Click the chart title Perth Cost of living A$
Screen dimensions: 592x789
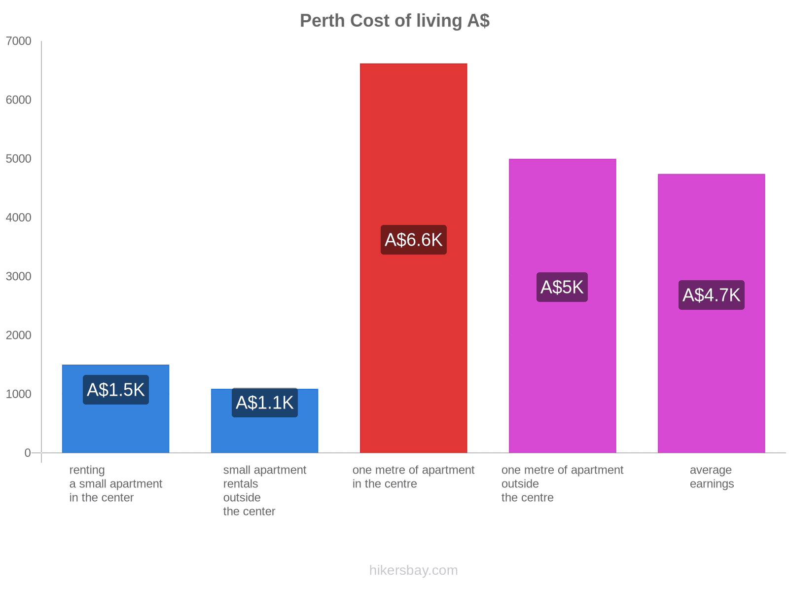pos(394,21)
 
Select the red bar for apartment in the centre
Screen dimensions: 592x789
pos(413,148)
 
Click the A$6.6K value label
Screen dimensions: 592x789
pos(413,240)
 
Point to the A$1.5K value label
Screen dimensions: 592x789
pos(115,390)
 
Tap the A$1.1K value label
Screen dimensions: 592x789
pos(264,403)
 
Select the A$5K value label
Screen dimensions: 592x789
pos(562,287)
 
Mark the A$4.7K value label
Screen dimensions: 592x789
pos(711,295)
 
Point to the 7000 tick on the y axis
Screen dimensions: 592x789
pos(19,41)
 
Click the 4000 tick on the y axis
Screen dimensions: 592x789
pos(19,218)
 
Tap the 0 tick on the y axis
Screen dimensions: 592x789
pos(28,453)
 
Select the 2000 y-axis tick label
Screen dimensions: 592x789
pos(19,335)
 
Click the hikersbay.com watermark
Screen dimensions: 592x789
pos(413,570)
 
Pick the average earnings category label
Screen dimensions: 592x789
pos(711,477)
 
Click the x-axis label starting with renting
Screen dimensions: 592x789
pos(115,483)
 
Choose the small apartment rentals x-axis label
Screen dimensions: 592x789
pos(264,490)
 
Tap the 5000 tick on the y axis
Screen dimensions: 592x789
pos(19,159)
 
